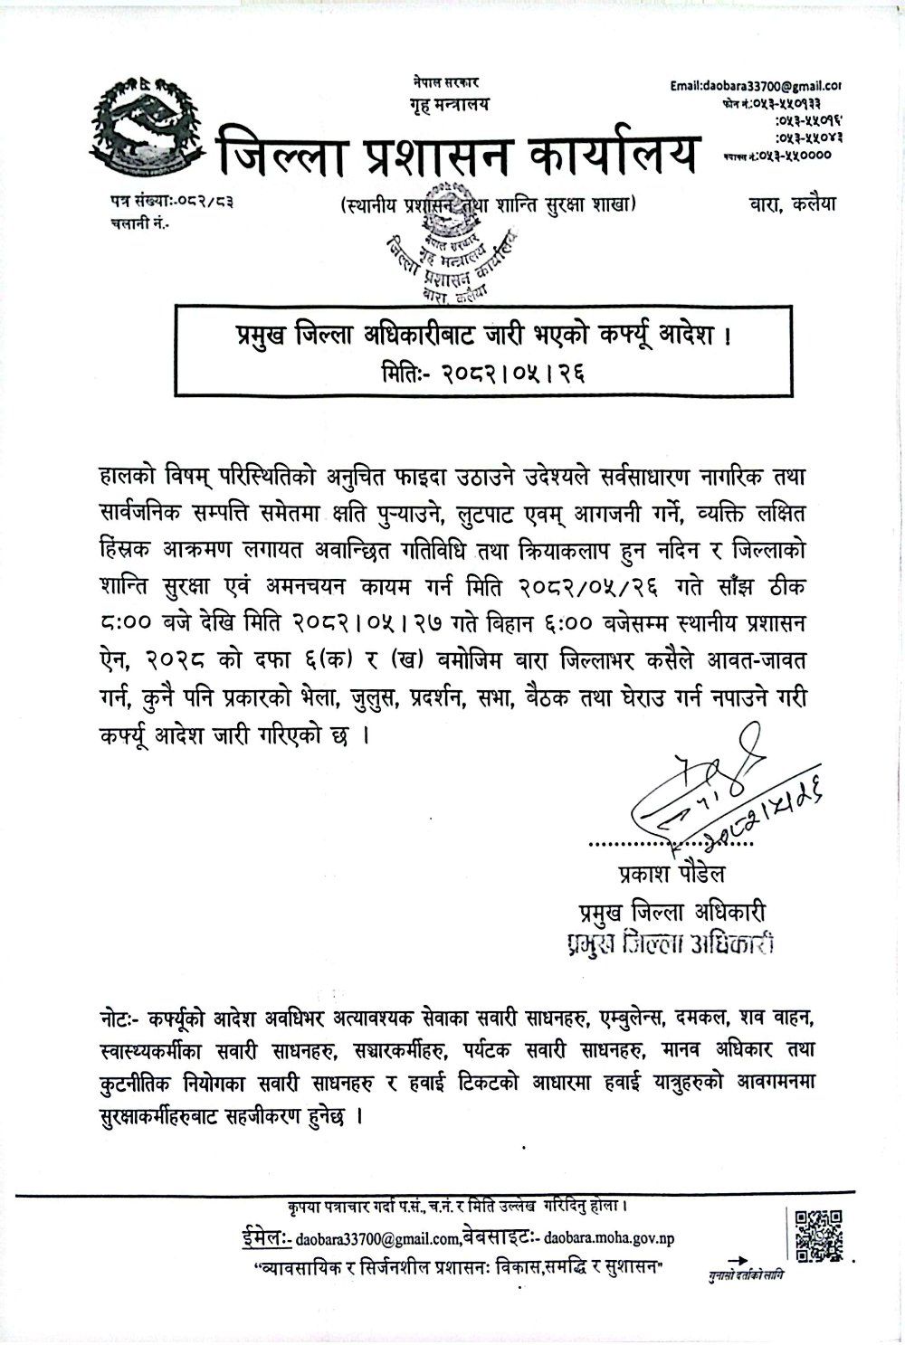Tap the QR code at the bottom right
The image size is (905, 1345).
click(x=818, y=1235)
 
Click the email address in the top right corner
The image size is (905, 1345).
click(x=756, y=86)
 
